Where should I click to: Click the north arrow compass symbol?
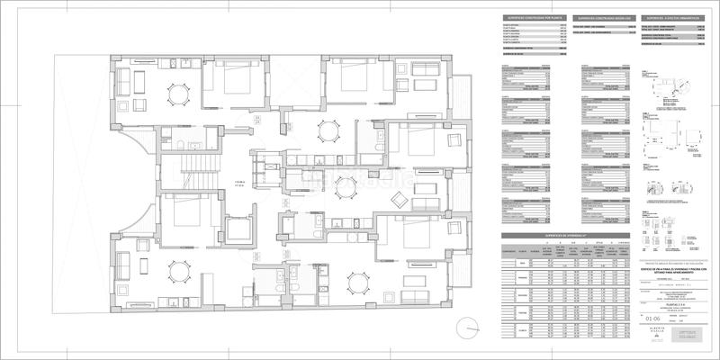[468, 327]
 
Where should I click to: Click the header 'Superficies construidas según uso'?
[600, 17]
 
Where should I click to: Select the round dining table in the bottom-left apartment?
[179, 272]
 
